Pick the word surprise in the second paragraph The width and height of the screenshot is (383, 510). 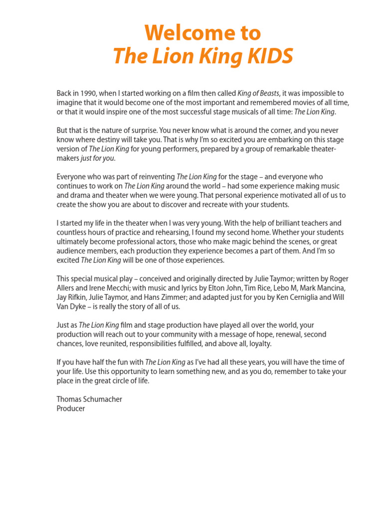pyautogui.click(x=130, y=130)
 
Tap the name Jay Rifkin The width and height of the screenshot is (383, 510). pyautogui.click(x=70, y=297)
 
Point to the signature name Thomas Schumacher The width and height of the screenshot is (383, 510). pyautogui.click(x=89, y=399)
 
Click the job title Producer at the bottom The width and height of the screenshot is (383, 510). pyautogui.click(x=71, y=408)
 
